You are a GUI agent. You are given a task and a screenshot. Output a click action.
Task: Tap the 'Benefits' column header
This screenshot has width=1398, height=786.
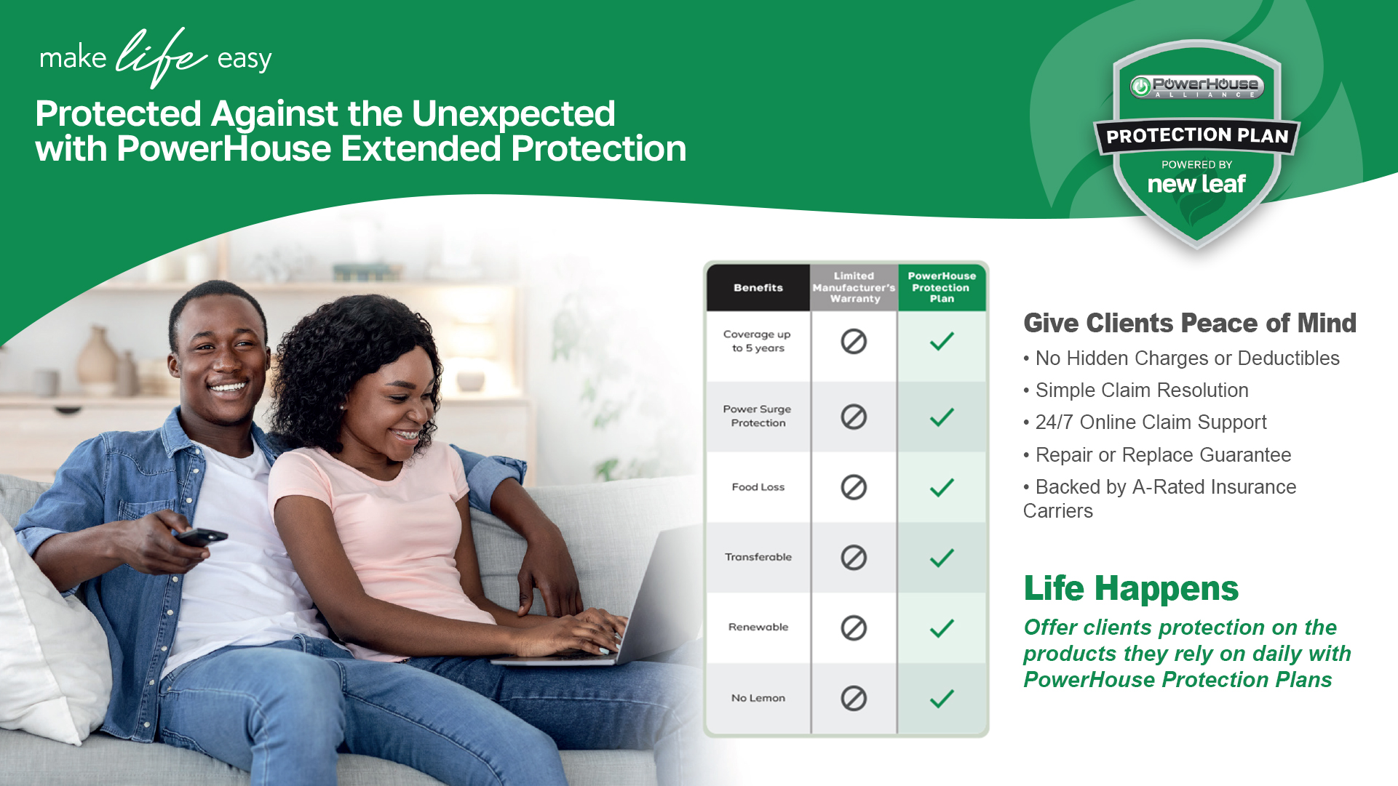coord(758,288)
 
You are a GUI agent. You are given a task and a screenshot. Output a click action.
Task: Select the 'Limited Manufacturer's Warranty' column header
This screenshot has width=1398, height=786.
coord(854,287)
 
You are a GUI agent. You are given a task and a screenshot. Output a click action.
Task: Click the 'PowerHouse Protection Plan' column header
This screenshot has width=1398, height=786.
coord(942,287)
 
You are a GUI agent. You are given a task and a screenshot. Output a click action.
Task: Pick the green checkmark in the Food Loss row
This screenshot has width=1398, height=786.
coord(942,487)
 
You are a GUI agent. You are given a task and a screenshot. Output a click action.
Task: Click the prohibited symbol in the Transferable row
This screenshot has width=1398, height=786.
coord(854,558)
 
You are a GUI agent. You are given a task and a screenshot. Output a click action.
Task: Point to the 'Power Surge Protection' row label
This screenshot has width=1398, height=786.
coord(758,416)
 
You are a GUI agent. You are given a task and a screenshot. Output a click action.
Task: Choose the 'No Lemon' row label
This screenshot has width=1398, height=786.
coord(758,698)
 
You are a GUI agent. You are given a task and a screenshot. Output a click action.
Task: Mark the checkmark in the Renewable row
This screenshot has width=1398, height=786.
coord(942,628)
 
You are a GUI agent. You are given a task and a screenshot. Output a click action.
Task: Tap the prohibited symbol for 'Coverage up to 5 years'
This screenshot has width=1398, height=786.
coord(854,341)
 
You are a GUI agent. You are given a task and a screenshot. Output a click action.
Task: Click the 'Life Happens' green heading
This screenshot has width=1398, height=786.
coord(1131,588)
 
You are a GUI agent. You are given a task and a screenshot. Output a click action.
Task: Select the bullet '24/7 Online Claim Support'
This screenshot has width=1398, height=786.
coord(1145,422)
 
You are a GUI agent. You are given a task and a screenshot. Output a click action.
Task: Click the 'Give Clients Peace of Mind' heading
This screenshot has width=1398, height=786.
coord(1190,323)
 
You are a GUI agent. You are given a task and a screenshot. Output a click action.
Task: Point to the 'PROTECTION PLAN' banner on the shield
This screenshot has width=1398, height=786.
coord(1197,136)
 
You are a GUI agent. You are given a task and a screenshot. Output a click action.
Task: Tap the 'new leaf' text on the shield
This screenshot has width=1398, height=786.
coord(1197,184)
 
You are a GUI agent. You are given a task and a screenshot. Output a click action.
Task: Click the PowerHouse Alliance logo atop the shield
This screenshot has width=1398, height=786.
coord(1197,87)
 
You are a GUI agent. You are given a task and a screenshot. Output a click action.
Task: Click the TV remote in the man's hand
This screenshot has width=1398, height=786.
coord(202,537)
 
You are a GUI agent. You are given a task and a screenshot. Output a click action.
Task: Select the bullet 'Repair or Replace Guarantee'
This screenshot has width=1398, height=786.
coord(1157,455)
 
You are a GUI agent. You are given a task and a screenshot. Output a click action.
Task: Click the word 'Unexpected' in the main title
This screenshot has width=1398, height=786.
coord(514,113)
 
